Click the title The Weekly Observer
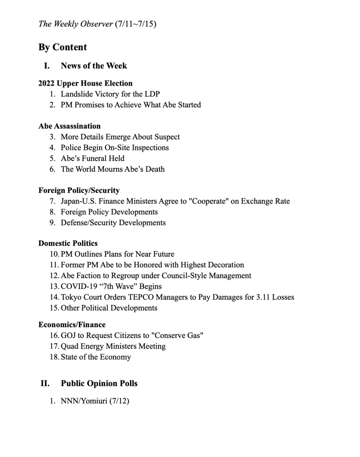(75, 24)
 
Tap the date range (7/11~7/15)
(135, 24)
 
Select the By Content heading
(63, 47)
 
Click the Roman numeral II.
(45, 383)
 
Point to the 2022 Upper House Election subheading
(85, 83)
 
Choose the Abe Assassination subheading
(69, 126)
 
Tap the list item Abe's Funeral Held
(92, 158)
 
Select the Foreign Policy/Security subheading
(79, 190)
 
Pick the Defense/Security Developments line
(113, 222)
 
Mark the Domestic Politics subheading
(68, 243)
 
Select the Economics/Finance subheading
(72, 324)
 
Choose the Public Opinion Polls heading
(99, 383)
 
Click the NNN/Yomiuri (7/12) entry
(95, 401)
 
